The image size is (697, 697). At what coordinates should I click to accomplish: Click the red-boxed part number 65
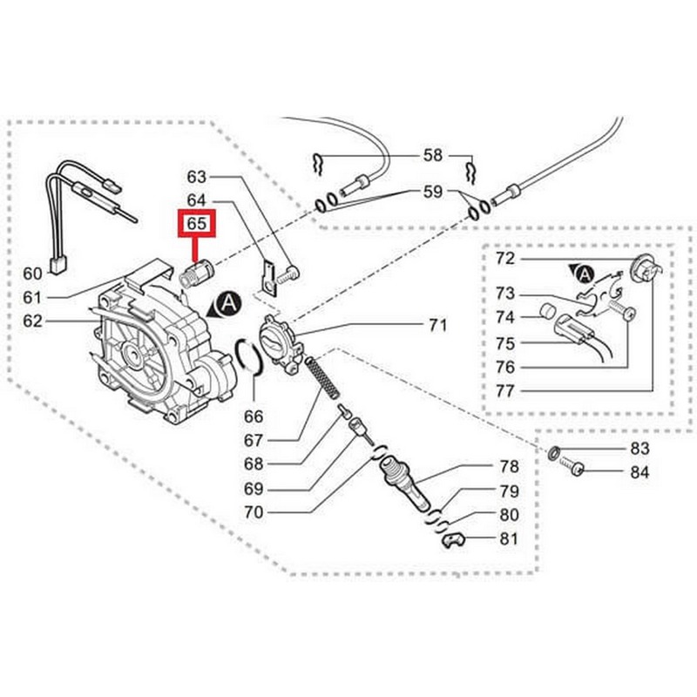197,223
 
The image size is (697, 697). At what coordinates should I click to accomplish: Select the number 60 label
32,274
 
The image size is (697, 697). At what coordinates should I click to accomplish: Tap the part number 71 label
438,325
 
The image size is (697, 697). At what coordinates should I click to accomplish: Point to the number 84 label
639,472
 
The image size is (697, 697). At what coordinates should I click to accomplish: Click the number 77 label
505,391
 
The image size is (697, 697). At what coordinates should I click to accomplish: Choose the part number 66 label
254,416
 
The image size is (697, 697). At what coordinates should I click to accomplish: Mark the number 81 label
509,538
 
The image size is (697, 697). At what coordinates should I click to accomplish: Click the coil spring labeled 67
323,377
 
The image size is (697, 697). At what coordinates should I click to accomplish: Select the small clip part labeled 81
455,540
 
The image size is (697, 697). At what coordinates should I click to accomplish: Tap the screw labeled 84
572,466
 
